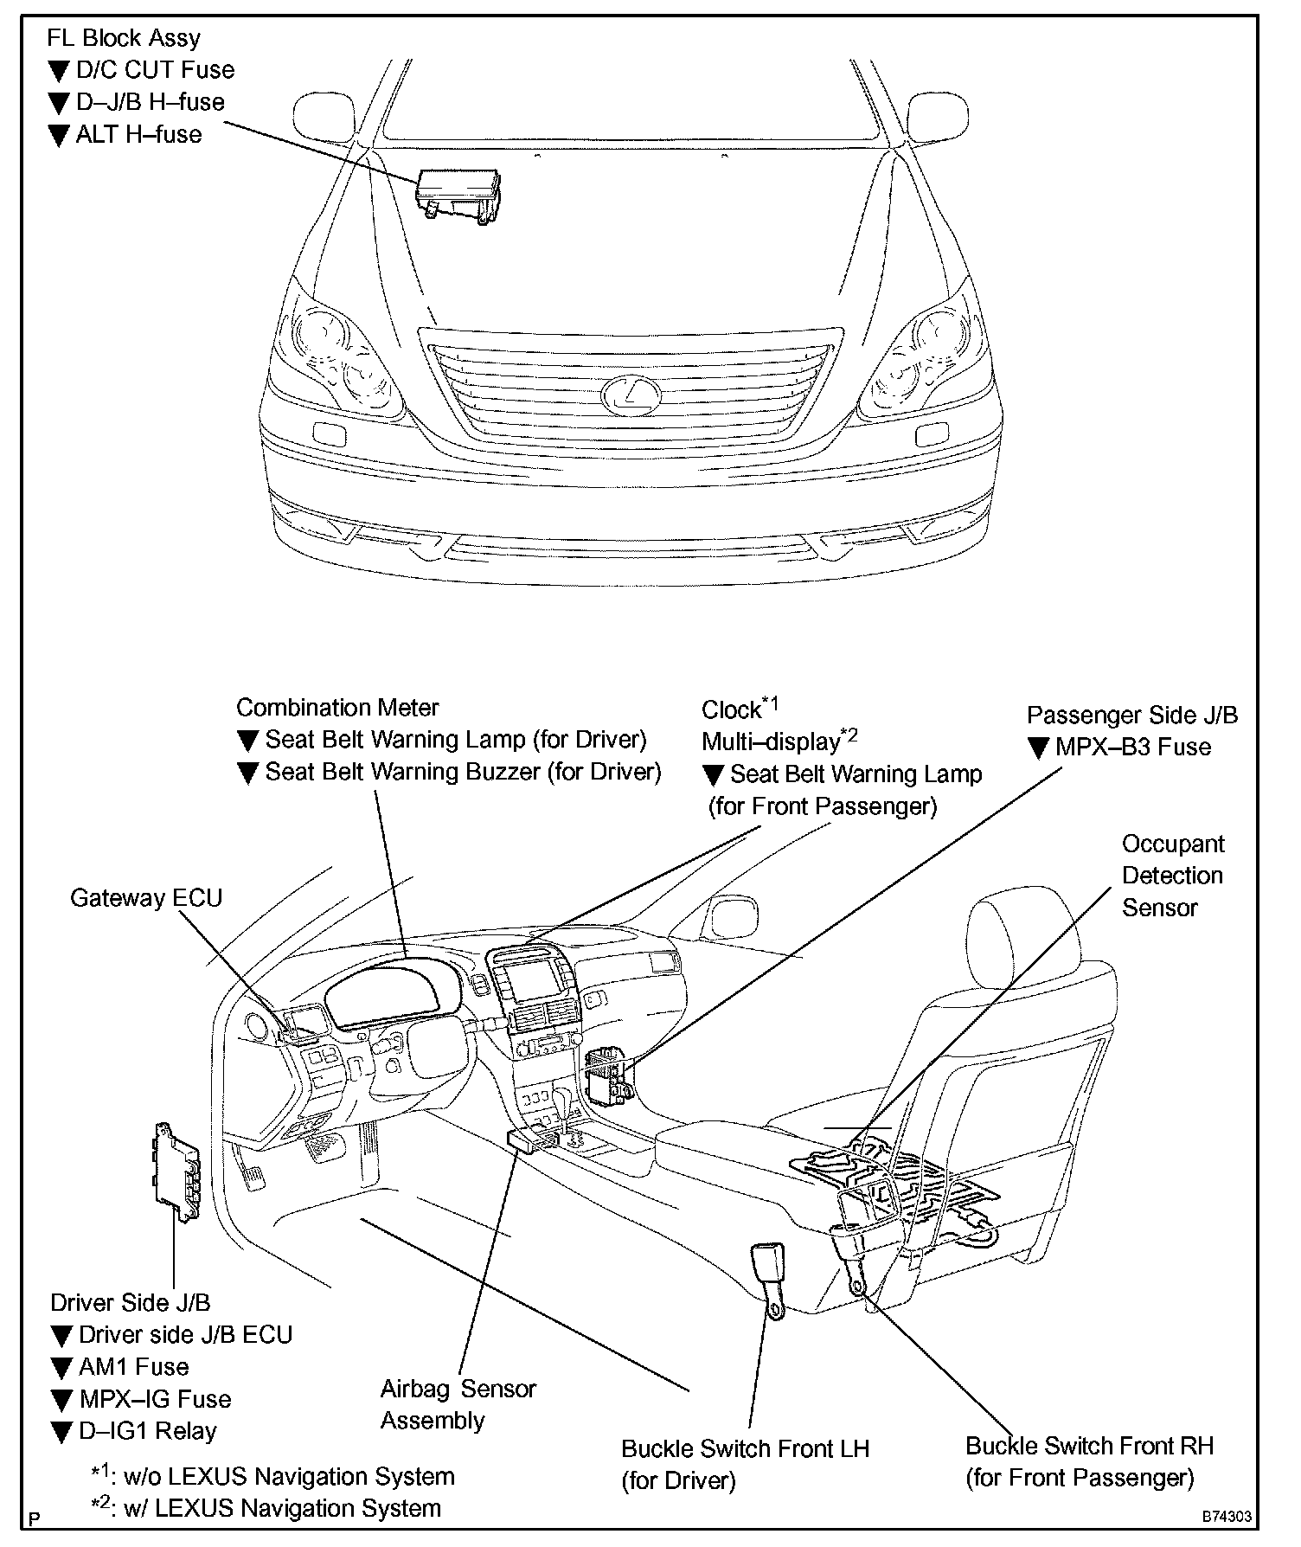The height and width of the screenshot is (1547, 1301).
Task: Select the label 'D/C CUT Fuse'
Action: pos(155,70)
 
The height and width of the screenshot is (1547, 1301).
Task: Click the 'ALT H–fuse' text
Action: pos(138,134)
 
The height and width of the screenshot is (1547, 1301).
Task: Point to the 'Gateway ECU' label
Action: pos(146,898)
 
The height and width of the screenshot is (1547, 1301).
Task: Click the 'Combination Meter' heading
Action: pos(337,707)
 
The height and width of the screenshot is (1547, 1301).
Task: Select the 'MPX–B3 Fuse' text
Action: pos(1132,748)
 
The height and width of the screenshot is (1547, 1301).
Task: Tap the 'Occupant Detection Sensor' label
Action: pos(1172,876)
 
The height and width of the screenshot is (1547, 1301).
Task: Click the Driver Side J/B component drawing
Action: pos(176,1171)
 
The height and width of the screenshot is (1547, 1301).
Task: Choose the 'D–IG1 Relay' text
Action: pos(147,1431)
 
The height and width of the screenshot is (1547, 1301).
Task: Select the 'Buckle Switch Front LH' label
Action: pos(745,1448)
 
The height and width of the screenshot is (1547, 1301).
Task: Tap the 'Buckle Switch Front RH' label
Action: pos(1089,1446)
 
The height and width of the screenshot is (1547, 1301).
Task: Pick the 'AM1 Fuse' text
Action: pos(133,1367)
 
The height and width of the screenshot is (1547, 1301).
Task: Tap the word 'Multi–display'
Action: pos(770,741)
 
